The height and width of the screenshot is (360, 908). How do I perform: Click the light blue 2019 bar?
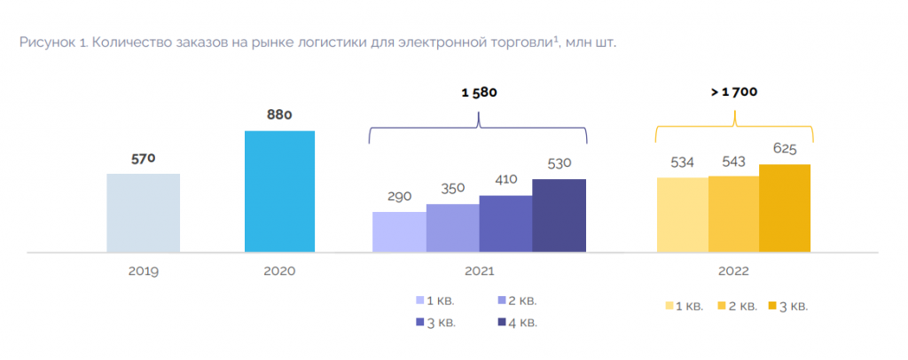click(x=143, y=213)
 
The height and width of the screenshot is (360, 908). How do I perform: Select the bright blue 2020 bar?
click(x=279, y=192)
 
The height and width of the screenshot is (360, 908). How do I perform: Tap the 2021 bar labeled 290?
click(x=399, y=232)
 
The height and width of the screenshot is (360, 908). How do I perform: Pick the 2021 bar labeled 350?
click(x=452, y=228)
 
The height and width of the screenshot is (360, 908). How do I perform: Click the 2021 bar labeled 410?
click(x=505, y=223)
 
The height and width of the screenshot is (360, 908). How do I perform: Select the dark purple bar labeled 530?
click(x=559, y=215)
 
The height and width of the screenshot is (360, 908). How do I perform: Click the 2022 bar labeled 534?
click(x=682, y=215)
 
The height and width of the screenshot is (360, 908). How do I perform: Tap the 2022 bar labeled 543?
click(x=733, y=214)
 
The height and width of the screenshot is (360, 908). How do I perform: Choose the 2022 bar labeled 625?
click(x=785, y=208)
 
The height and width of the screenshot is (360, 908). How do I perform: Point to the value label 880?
click(x=279, y=114)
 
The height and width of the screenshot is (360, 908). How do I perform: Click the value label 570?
click(x=143, y=159)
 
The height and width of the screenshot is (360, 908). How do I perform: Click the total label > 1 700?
click(x=733, y=91)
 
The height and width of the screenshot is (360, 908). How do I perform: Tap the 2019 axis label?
click(x=143, y=271)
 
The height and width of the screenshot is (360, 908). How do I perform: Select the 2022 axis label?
click(x=733, y=271)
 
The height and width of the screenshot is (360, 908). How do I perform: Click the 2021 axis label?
click(x=479, y=271)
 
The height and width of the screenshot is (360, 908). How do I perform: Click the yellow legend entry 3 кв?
click(x=787, y=306)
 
